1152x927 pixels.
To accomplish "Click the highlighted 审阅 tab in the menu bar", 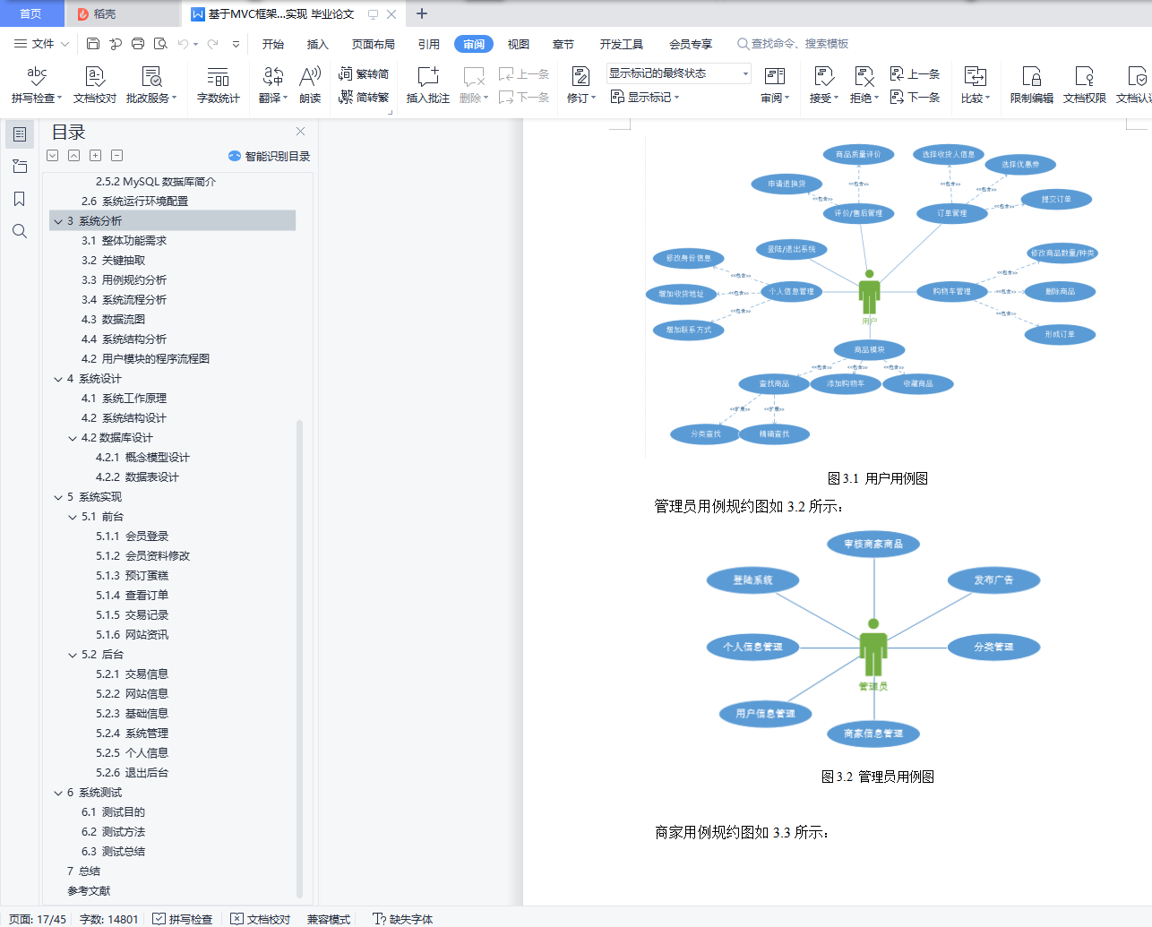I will click(x=474, y=44).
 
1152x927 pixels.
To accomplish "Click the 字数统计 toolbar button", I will click(x=218, y=85).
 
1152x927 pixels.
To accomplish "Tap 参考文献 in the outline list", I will click(x=89, y=890).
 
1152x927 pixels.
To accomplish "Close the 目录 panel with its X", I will click(x=300, y=131).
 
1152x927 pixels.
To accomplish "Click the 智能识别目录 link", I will click(x=270, y=156).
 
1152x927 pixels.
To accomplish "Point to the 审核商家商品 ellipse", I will click(x=873, y=544).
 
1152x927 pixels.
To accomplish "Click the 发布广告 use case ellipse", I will click(x=993, y=579).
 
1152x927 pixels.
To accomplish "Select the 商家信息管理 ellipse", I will click(x=873, y=734).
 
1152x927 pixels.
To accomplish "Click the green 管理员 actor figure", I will click(x=873, y=648).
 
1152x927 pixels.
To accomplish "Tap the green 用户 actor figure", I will click(x=869, y=292).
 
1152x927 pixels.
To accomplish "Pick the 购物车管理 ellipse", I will click(x=951, y=291).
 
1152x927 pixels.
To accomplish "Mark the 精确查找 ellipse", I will click(x=775, y=433).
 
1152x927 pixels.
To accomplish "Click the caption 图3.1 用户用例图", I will click(x=877, y=478).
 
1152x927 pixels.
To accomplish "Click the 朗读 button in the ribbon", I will click(x=310, y=85).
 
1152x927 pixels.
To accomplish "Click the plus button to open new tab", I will click(x=422, y=13).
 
